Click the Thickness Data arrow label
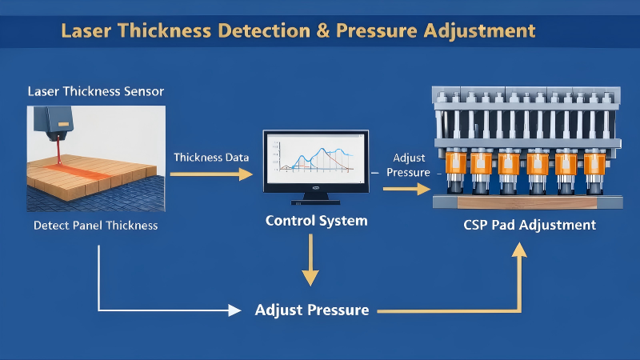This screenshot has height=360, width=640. pos(211,157)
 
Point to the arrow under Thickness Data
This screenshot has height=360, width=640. pos(211,174)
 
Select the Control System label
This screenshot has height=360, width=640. pos(316,220)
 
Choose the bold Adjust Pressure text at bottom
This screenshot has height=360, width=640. pos(312,309)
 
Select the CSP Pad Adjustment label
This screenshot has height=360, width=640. pos(530,225)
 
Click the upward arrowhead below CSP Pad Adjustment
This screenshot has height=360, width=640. pos(520,254)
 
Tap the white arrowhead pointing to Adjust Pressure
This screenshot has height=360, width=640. pos(234,310)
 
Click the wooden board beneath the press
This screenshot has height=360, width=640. pos(529,203)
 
